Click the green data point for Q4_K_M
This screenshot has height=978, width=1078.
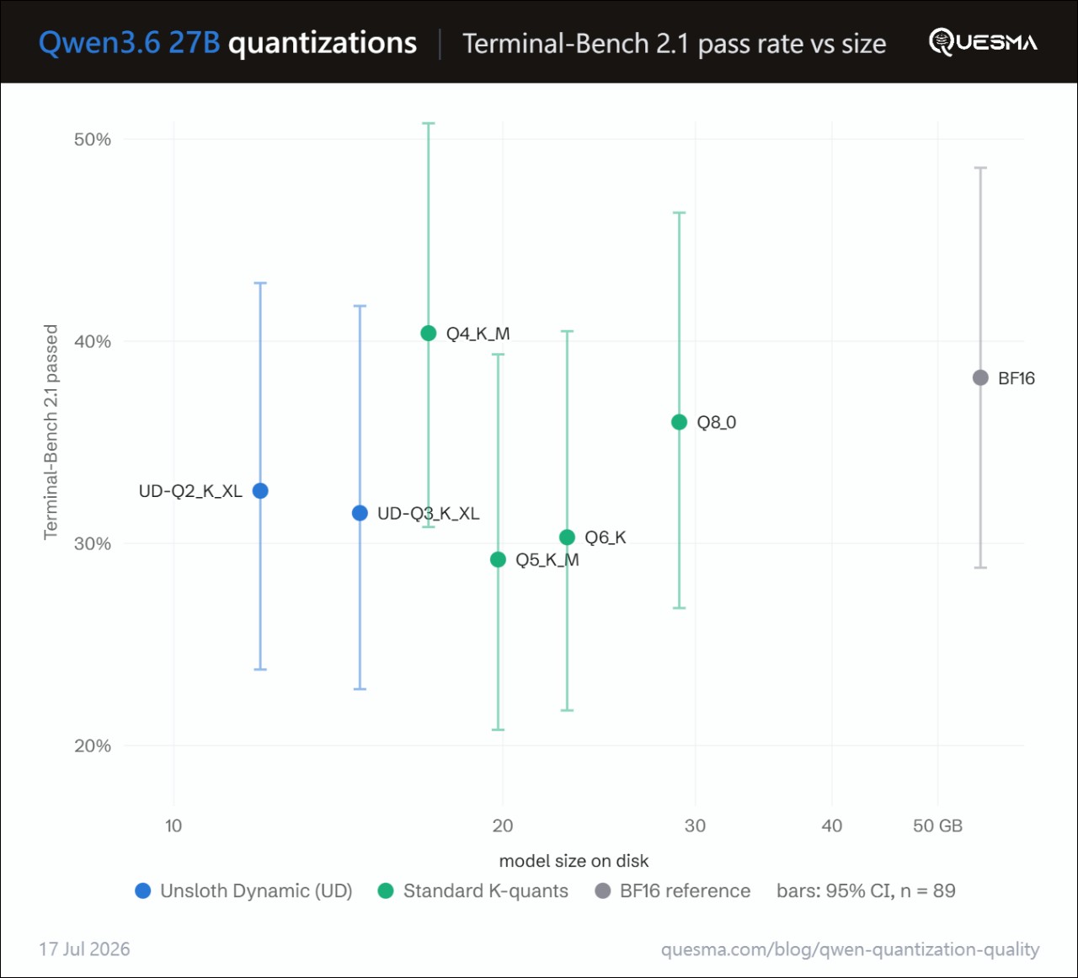click(x=429, y=334)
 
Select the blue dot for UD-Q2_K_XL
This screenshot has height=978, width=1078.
click(x=260, y=491)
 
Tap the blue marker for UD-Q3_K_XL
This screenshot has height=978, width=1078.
click(x=360, y=513)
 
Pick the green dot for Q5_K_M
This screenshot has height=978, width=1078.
click(x=499, y=559)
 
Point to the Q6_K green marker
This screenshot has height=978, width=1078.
click(x=567, y=537)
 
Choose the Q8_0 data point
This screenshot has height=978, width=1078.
click(x=680, y=422)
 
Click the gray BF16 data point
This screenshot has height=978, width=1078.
click(x=980, y=378)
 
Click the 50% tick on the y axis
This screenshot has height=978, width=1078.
click(x=93, y=140)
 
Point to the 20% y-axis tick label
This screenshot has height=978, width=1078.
click(x=93, y=746)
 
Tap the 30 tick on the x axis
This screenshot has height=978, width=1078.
click(x=695, y=826)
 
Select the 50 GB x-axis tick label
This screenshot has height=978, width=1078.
click(x=937, y=826)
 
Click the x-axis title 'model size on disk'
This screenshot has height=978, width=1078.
click(x=574, y=861)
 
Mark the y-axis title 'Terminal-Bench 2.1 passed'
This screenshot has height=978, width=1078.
click(x=51, y=432)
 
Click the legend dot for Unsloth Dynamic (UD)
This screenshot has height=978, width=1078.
click(x=143, y=891)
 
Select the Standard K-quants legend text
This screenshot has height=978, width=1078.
click(x=486, y=891)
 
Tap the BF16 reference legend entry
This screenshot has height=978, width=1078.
click(x=673, y=891)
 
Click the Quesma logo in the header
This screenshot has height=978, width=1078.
click(x=983, y=42)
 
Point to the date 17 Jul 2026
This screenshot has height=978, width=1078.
click(x=84, y=949)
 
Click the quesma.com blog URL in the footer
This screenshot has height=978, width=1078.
click(x=850, y=949)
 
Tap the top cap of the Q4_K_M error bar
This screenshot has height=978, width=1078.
click(x=429, y=123)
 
